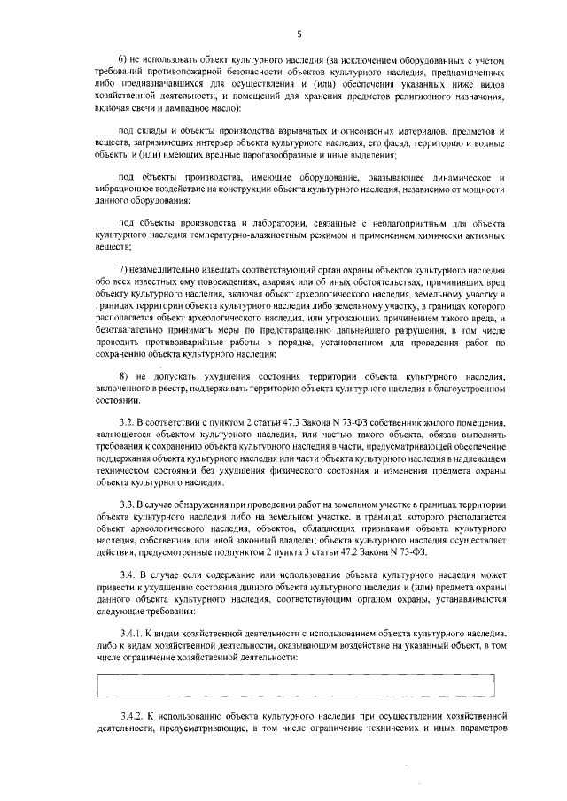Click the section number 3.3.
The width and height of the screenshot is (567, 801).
click(x=127, y=503)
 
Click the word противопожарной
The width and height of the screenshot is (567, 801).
click(x=183, y=70)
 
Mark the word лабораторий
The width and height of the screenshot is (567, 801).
click(x=257, y=221)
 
